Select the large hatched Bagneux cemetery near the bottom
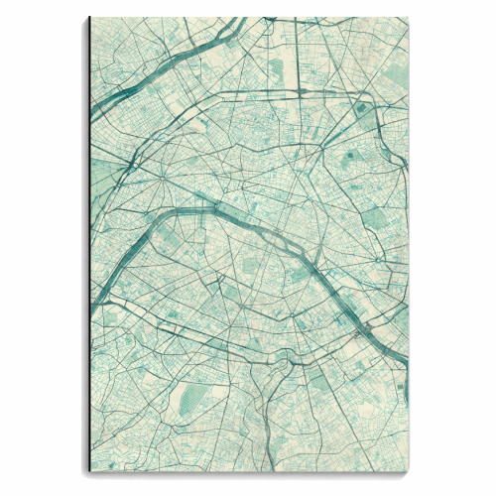click(194, 397)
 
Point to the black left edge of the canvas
click(88, 248)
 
